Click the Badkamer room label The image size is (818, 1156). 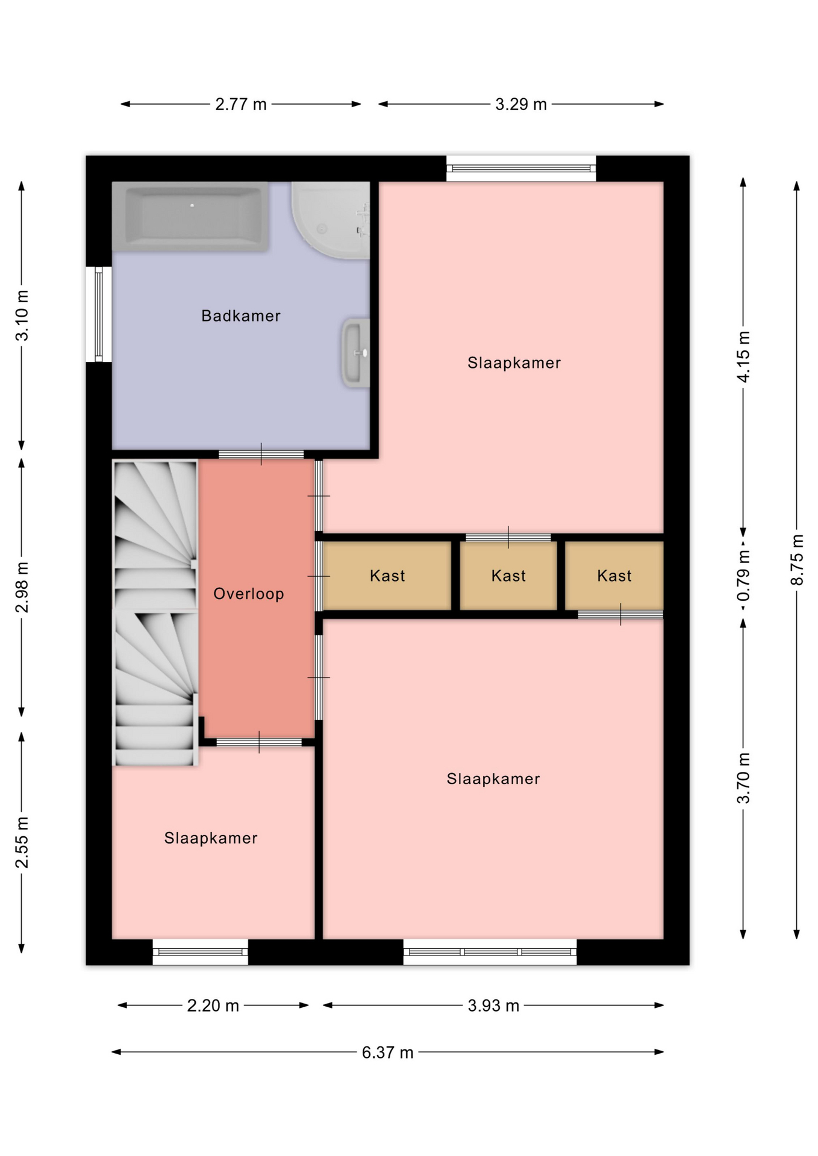[x=241, y=315]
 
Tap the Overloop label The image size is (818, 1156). [x=249, y=594]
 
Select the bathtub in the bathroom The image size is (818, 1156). [x=190, y=216]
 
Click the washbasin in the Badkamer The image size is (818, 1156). [x=355, y=353]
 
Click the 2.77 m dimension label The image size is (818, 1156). [x=241, y=104]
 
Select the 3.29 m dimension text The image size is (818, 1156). [x=521, y=104]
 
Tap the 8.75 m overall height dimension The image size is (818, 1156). [x=797, y=559]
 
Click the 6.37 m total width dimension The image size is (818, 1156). [x=387, y=1052]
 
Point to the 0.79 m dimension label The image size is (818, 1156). [x=743, y=576]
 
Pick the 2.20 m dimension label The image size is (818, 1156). [x=213, y=1005]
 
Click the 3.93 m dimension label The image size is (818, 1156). [x=493, y=1005]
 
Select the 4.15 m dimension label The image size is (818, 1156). [x=743, y=356]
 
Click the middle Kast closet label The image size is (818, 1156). [x=508, y=576]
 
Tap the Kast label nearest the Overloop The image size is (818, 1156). [x=387, y=576]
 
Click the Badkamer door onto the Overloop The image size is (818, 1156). [x=261, y=454]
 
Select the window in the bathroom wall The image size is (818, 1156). [x=99, y=314]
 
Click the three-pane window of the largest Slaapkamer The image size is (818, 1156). [x=490, y=952]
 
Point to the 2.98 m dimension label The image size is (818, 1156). [x=22, y=587]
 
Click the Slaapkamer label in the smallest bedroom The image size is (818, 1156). [x=211, y=838]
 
